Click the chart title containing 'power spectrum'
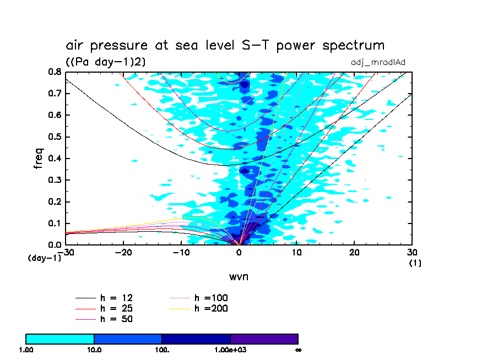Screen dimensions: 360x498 [x=225, y=45]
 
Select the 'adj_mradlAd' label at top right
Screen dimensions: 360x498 [x=378, y=62]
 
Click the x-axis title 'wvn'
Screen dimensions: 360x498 [x=239, y=276]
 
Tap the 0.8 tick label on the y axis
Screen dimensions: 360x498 [x=54, y=72]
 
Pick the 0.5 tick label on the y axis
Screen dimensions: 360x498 [x=54, y=137]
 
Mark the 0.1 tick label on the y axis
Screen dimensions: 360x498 [x=54, y=223]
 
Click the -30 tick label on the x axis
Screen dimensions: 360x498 [x=67, y=252]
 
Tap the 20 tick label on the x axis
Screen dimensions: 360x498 [x=354, y=252]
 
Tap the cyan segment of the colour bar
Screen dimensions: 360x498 [x=60, y=339]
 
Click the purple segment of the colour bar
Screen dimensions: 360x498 [x=264, y=339]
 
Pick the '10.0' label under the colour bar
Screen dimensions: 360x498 [x=94, y=350]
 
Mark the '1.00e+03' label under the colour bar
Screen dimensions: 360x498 [x=230, y=350]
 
